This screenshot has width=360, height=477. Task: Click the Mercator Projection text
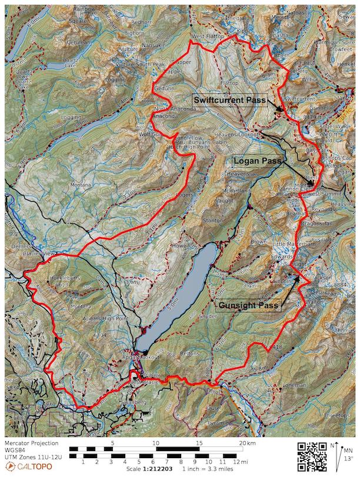point(31,443)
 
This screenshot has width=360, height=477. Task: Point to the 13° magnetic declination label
point(349,459)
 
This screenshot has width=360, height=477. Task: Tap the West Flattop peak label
point(205,36)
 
